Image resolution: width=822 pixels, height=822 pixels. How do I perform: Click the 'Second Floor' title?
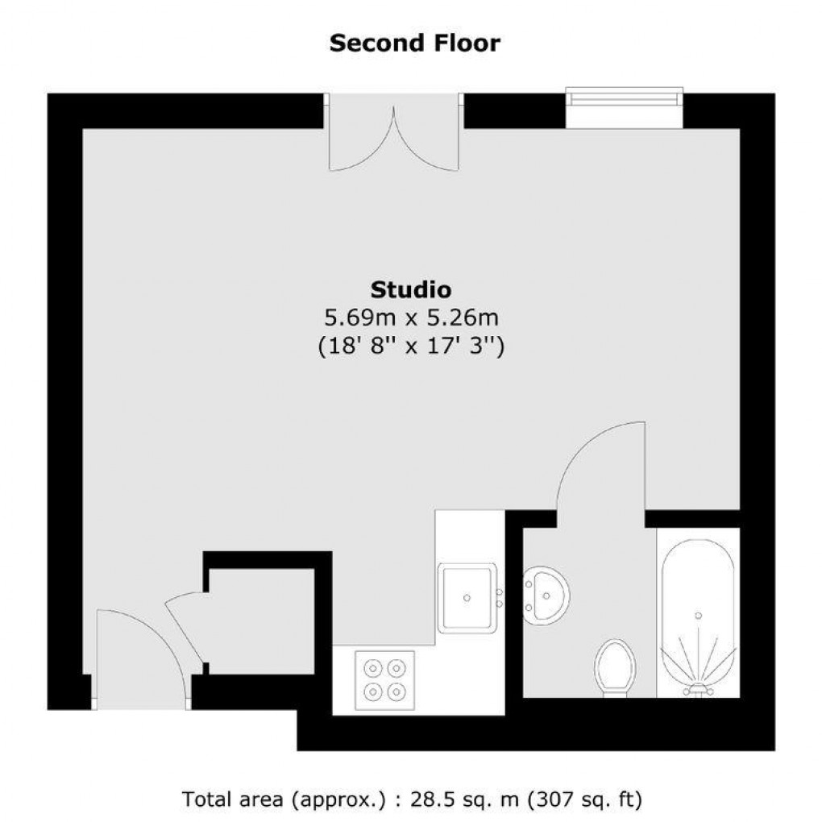point(414,43)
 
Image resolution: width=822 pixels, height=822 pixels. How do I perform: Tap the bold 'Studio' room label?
point(410,289)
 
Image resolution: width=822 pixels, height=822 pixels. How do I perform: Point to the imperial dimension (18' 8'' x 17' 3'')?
point(410,347)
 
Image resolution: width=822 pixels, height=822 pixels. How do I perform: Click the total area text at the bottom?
point(411,800)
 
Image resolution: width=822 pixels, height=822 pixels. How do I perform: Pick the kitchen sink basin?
point(466,598)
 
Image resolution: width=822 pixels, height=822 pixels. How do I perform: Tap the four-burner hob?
point(384,679)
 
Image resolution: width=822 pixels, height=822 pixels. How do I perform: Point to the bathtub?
point(698,616)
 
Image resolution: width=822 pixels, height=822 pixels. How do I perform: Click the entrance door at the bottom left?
point(142,657)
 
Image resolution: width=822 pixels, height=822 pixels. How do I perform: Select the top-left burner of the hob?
point(373,668)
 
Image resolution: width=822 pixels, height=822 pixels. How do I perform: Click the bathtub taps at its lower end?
point(698,689)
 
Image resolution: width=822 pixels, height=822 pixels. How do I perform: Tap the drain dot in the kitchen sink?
point(467,598)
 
